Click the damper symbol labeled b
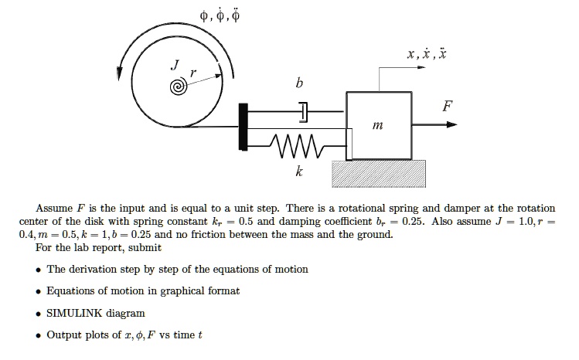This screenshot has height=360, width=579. [x=303, y=113]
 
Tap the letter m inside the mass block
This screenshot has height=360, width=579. [x=377, y=124]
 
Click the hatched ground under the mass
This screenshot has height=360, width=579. [x=379, y=175]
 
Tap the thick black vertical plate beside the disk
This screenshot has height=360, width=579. [x=244, y=124]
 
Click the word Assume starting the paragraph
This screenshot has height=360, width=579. [x=54, y=209]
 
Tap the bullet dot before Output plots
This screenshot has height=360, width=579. [x=38, y=335]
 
